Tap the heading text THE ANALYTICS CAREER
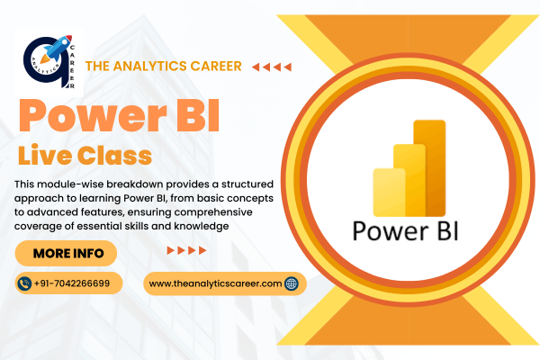[162, 66]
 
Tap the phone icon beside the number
[24, 283]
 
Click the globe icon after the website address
[291, 283]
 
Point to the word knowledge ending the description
[204, 227]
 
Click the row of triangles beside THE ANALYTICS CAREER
[272, 67]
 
